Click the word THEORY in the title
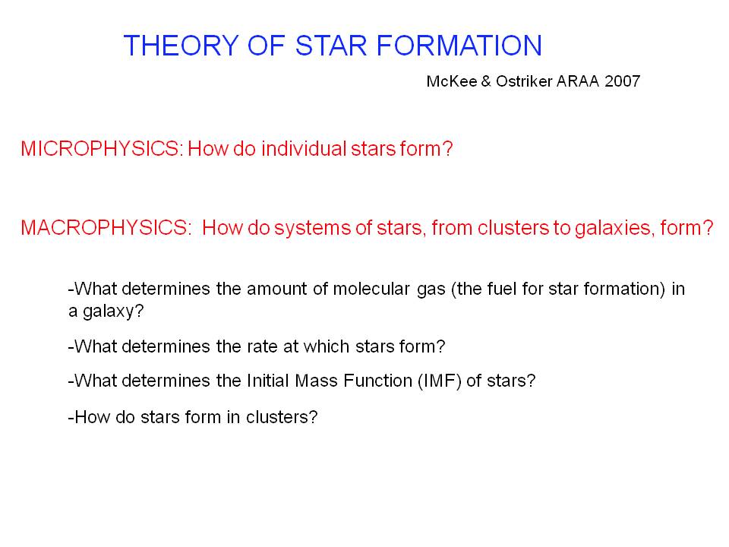(181, 46)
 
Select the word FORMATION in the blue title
(459, 46)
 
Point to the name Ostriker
(524, 81)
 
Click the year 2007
(622, 81)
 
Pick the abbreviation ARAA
(578, 81)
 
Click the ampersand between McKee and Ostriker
(486, 81)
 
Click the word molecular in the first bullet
(371, 289)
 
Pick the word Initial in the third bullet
(268, 381)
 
